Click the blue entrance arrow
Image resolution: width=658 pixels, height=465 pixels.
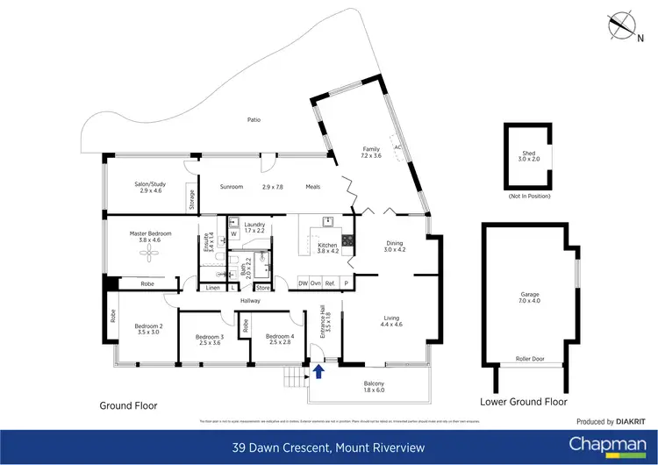point(318,372)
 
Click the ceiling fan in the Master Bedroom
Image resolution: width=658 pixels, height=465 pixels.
point(151,254)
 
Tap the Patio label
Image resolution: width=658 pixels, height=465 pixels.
point(254,120)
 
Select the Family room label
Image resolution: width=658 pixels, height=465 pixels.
point(370,150)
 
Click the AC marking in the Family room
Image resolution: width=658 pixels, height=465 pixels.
point(397,147)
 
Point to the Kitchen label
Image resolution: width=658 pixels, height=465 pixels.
point(326,247)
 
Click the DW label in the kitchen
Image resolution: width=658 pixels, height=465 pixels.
point(303,283)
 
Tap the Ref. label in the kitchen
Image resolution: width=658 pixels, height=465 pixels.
point(329,283)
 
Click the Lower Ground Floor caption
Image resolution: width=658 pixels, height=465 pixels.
point(524,401)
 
